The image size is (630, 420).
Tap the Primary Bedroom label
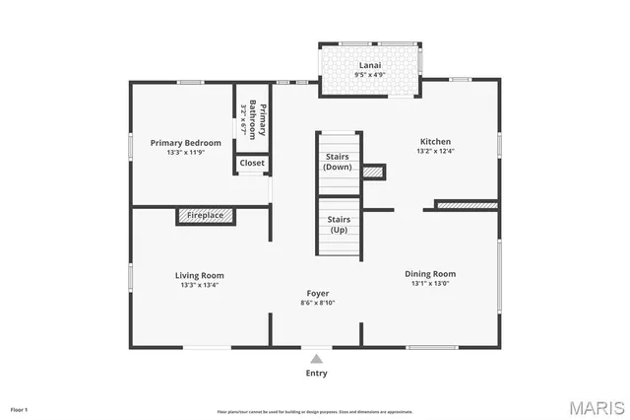[182, 143]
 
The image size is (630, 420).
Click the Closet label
[252, 163]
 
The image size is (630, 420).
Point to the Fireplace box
[205, 215]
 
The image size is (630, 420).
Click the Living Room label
[200, 275]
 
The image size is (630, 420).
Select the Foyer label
[318, 293]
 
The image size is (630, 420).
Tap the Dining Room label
[430, 273]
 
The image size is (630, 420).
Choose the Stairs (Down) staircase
[337, 162]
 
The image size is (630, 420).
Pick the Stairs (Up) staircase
[338, 225]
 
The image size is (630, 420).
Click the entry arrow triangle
[316, 359]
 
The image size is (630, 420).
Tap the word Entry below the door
[316, 374]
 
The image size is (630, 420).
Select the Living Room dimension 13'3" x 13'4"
[200, 285]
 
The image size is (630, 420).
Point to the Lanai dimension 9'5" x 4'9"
[370, 73]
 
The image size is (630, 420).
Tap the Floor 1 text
[20, 408]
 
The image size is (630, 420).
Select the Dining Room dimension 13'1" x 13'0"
[430, 284]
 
